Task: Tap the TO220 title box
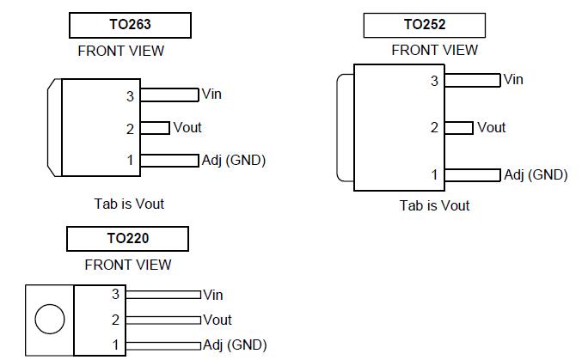point(128,238)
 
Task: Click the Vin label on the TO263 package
point(211,94)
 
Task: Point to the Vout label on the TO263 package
point(187,127)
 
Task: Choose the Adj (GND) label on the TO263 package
point(233,160)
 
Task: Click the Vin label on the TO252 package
point(513,80)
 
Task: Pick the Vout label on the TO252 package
point(491,127)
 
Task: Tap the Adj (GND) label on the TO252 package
point(536,174)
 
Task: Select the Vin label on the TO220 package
point(212,295)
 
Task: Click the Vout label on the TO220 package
point(217,320)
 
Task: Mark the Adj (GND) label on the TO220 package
point(235,345)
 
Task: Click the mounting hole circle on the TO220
point(50,320)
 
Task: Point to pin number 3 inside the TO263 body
point(131,96)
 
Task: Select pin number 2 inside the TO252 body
point(434,128)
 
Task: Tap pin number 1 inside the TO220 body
point(115,345)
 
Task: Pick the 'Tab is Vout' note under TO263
point(129,204)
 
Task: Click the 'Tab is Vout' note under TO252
point(435,205)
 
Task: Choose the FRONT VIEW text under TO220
point(128,265)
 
